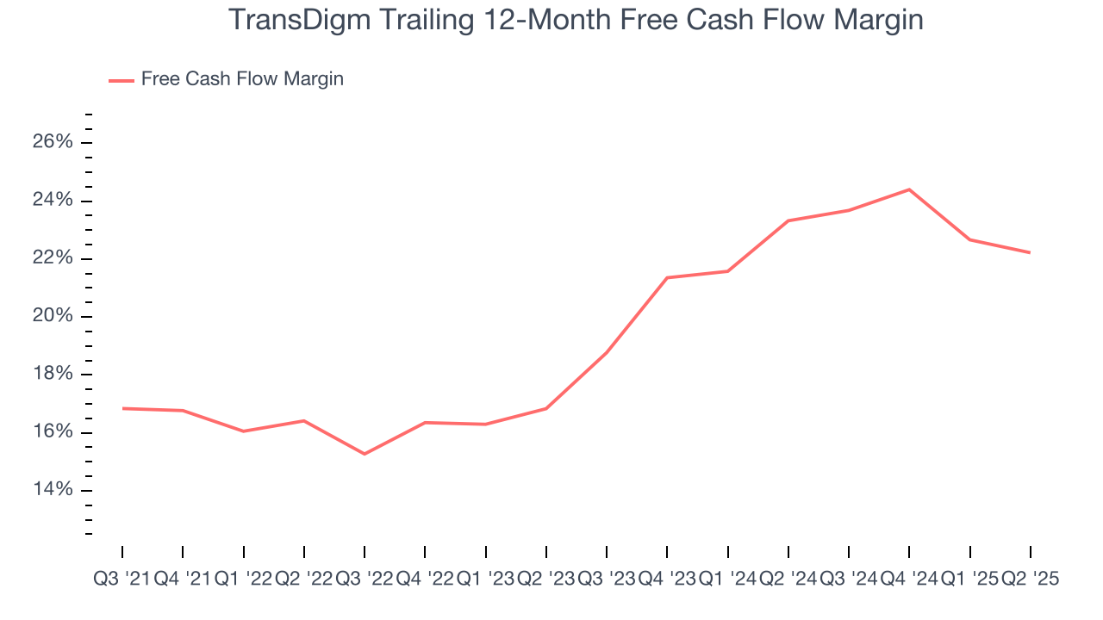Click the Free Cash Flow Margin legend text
242,79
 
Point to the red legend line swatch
121,80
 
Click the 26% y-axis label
53,143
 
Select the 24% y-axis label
53,201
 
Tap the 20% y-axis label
53,317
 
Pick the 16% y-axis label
53,432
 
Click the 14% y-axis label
53,490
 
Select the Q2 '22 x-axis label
303,580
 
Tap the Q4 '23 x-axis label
667,580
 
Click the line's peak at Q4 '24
909,189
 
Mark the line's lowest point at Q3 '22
365,454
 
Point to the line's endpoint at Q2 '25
1030,252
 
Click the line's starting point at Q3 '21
122,408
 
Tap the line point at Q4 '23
667,277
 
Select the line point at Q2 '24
788,220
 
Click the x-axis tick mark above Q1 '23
486,552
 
